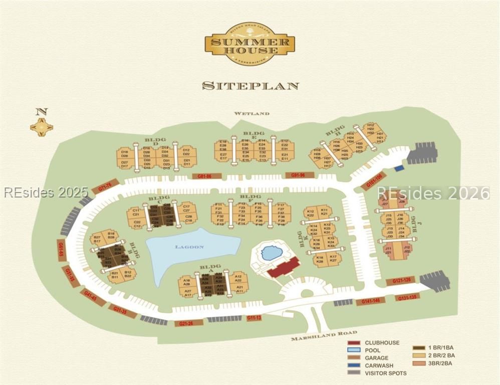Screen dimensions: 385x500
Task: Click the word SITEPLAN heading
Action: [x=250, y=86]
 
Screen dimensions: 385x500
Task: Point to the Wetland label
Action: [x=252, y=114]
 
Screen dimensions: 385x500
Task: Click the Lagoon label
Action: [x=189, y=247]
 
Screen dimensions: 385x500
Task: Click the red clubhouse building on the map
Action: [x=284, y=267]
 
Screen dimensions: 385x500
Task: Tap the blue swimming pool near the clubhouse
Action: [x=272, y=253]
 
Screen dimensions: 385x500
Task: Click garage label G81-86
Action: [x=206, y=176]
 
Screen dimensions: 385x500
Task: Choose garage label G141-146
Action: [x=371, y=301]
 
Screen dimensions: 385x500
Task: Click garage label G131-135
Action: [x=407, y=297]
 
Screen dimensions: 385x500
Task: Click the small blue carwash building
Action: [x=399, y=168]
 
